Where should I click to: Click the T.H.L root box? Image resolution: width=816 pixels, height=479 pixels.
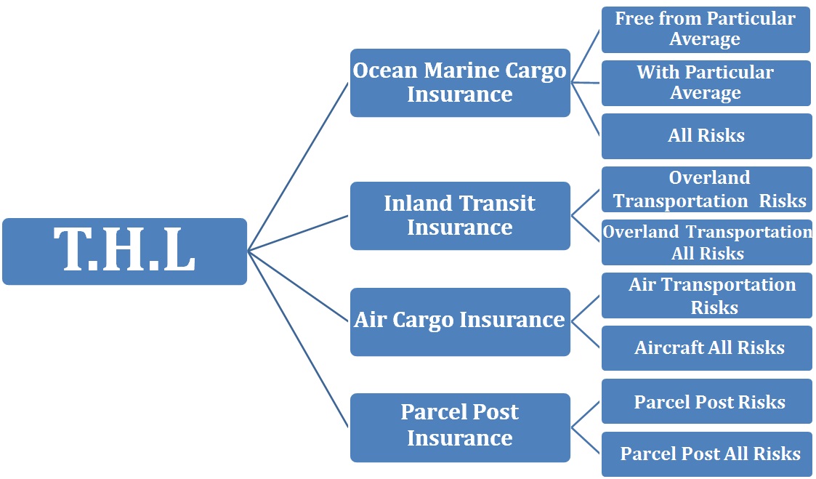[x=124, y=251]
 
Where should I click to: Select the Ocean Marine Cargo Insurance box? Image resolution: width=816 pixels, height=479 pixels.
[x=460, y=83]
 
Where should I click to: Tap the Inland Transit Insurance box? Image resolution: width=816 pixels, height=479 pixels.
[x=460, y=216]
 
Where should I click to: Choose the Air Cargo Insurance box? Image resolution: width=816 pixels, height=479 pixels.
[x=460, y=322]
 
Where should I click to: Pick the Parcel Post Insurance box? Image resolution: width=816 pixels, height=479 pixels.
[x=460, y=427]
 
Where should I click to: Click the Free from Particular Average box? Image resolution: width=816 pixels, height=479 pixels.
[x=706, y=30]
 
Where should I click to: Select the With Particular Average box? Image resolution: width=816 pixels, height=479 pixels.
[x=706, y=84]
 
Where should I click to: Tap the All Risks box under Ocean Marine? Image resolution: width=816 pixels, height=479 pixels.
[x=707, y=137]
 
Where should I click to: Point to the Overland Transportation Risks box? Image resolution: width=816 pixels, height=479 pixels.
[x=707, y=190]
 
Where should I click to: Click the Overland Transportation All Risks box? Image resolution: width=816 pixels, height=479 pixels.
[x=707, y=243]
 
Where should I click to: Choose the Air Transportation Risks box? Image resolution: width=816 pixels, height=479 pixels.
[x=707, y=296]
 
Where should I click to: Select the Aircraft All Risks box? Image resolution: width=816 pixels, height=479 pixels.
[x=707, y=348]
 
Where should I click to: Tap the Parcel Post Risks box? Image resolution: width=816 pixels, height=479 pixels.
[x=707, y=401]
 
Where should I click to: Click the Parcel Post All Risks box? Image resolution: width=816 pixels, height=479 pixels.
[x=707, y=454]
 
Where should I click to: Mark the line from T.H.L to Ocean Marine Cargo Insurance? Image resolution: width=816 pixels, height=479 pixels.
[x=298, y=166]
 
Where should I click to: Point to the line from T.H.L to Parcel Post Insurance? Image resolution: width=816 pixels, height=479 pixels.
[x=298, y=339]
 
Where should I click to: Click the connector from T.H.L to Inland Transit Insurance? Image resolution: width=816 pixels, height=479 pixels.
[x=298, y=233]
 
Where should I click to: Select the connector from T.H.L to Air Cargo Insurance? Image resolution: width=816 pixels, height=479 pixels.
[x=298, y=286]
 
